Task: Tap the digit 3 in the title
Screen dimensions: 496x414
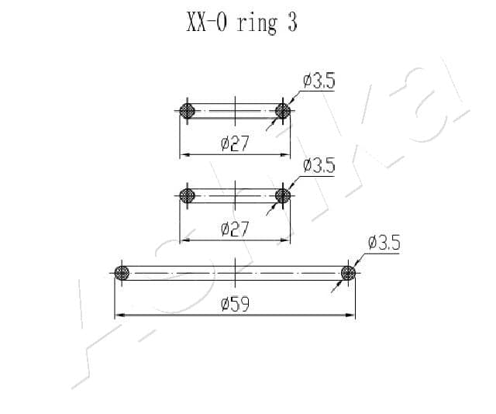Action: point(292,22)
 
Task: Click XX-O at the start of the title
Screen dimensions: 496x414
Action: point(207,22)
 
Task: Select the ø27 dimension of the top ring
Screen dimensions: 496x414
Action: point(235,143)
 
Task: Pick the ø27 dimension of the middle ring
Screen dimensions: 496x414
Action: point(235,229)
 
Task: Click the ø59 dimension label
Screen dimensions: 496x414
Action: point(236,304)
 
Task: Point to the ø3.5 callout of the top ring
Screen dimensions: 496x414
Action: point(319,81)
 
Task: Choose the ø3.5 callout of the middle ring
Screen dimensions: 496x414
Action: point(319,166)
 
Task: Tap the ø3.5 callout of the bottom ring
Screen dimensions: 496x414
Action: point(384,243)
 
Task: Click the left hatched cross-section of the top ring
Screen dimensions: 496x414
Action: point(187,111)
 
